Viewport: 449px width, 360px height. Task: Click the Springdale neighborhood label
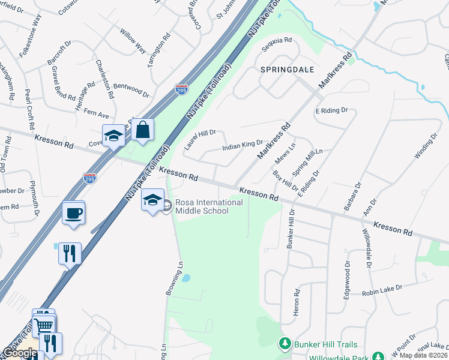(288, 70)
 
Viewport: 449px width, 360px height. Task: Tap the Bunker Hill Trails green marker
(285, 344)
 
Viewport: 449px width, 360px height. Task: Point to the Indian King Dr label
(243, 145)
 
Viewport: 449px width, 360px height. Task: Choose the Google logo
(20, 353)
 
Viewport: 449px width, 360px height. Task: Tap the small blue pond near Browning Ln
(186, 278)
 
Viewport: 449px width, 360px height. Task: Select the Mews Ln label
(285, 154)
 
